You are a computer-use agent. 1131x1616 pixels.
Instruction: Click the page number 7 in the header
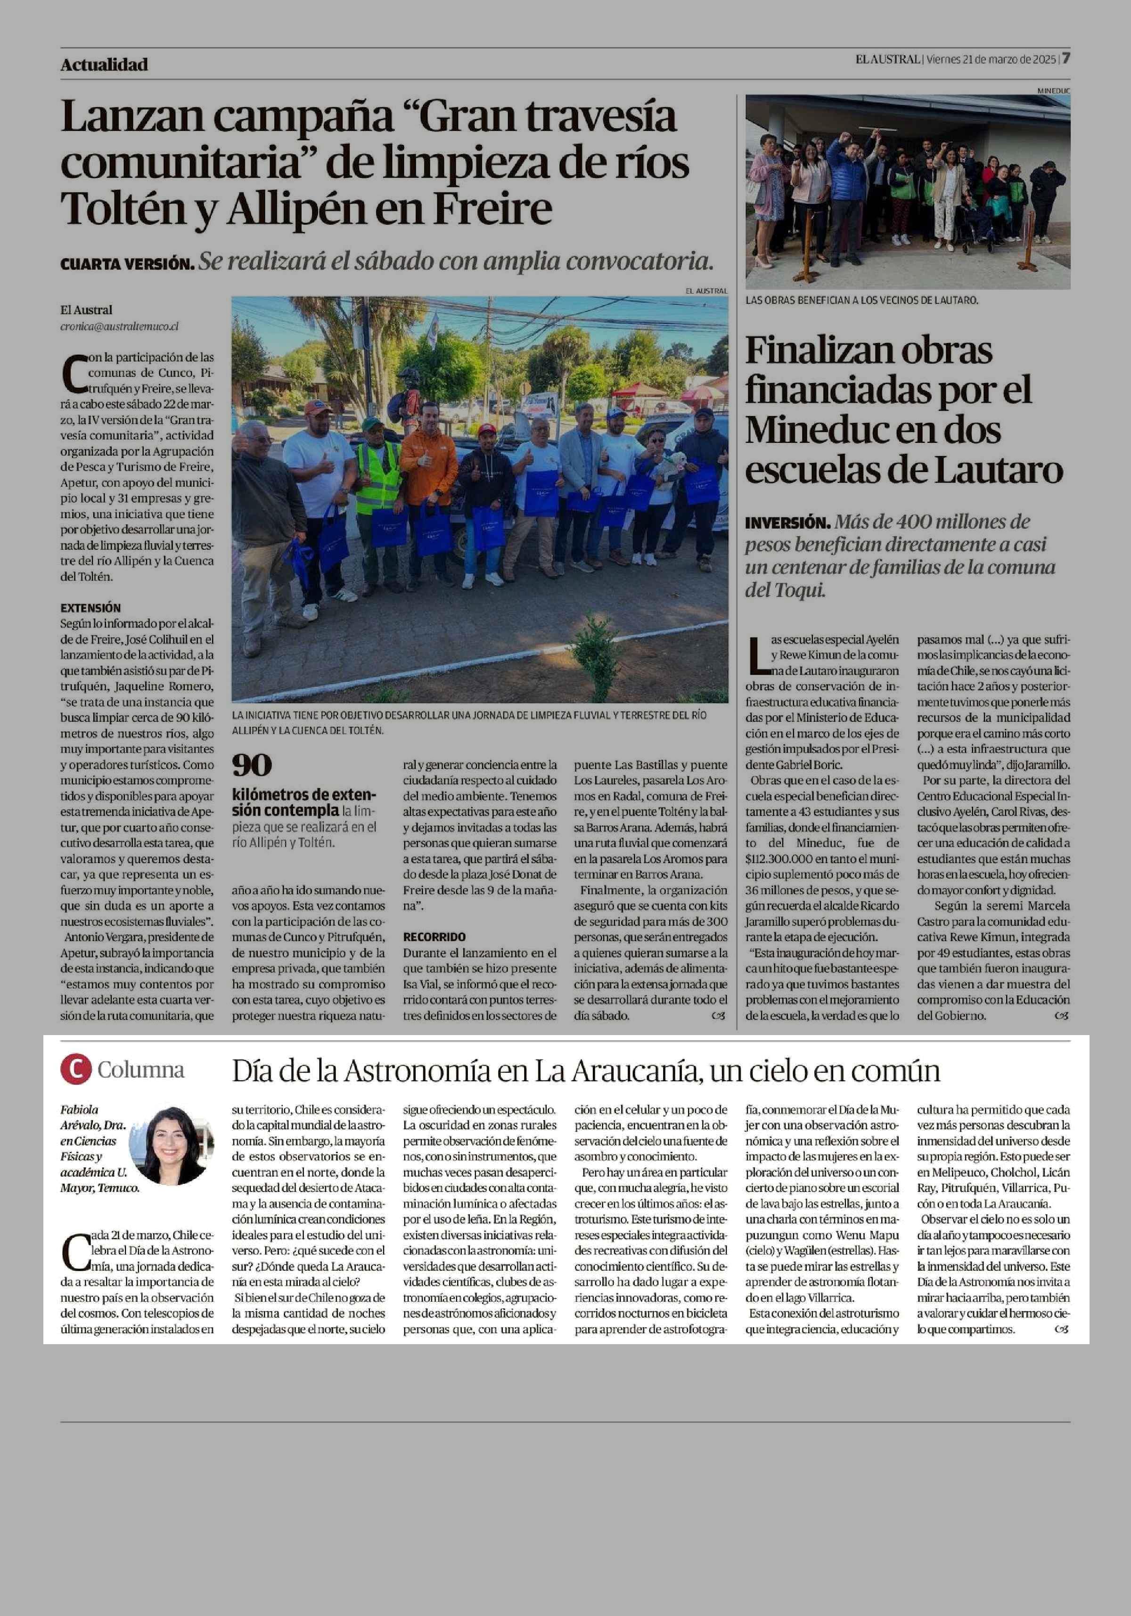[x=1066, y=58]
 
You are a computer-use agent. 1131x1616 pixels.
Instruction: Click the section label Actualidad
[x=104, y=65]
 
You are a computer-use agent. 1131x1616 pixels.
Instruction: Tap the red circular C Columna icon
[x=75, y=1070]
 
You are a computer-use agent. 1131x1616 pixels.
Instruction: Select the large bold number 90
[x=252, y=765]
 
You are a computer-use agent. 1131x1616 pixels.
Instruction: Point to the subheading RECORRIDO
[x=434, y=937]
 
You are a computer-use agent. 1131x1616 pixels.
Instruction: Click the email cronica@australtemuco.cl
[x=119, y=326]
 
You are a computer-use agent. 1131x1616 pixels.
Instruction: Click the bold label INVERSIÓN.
[x=787, y=523]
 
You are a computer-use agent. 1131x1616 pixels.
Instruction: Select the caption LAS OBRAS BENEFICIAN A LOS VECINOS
[x=861, y=300]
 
